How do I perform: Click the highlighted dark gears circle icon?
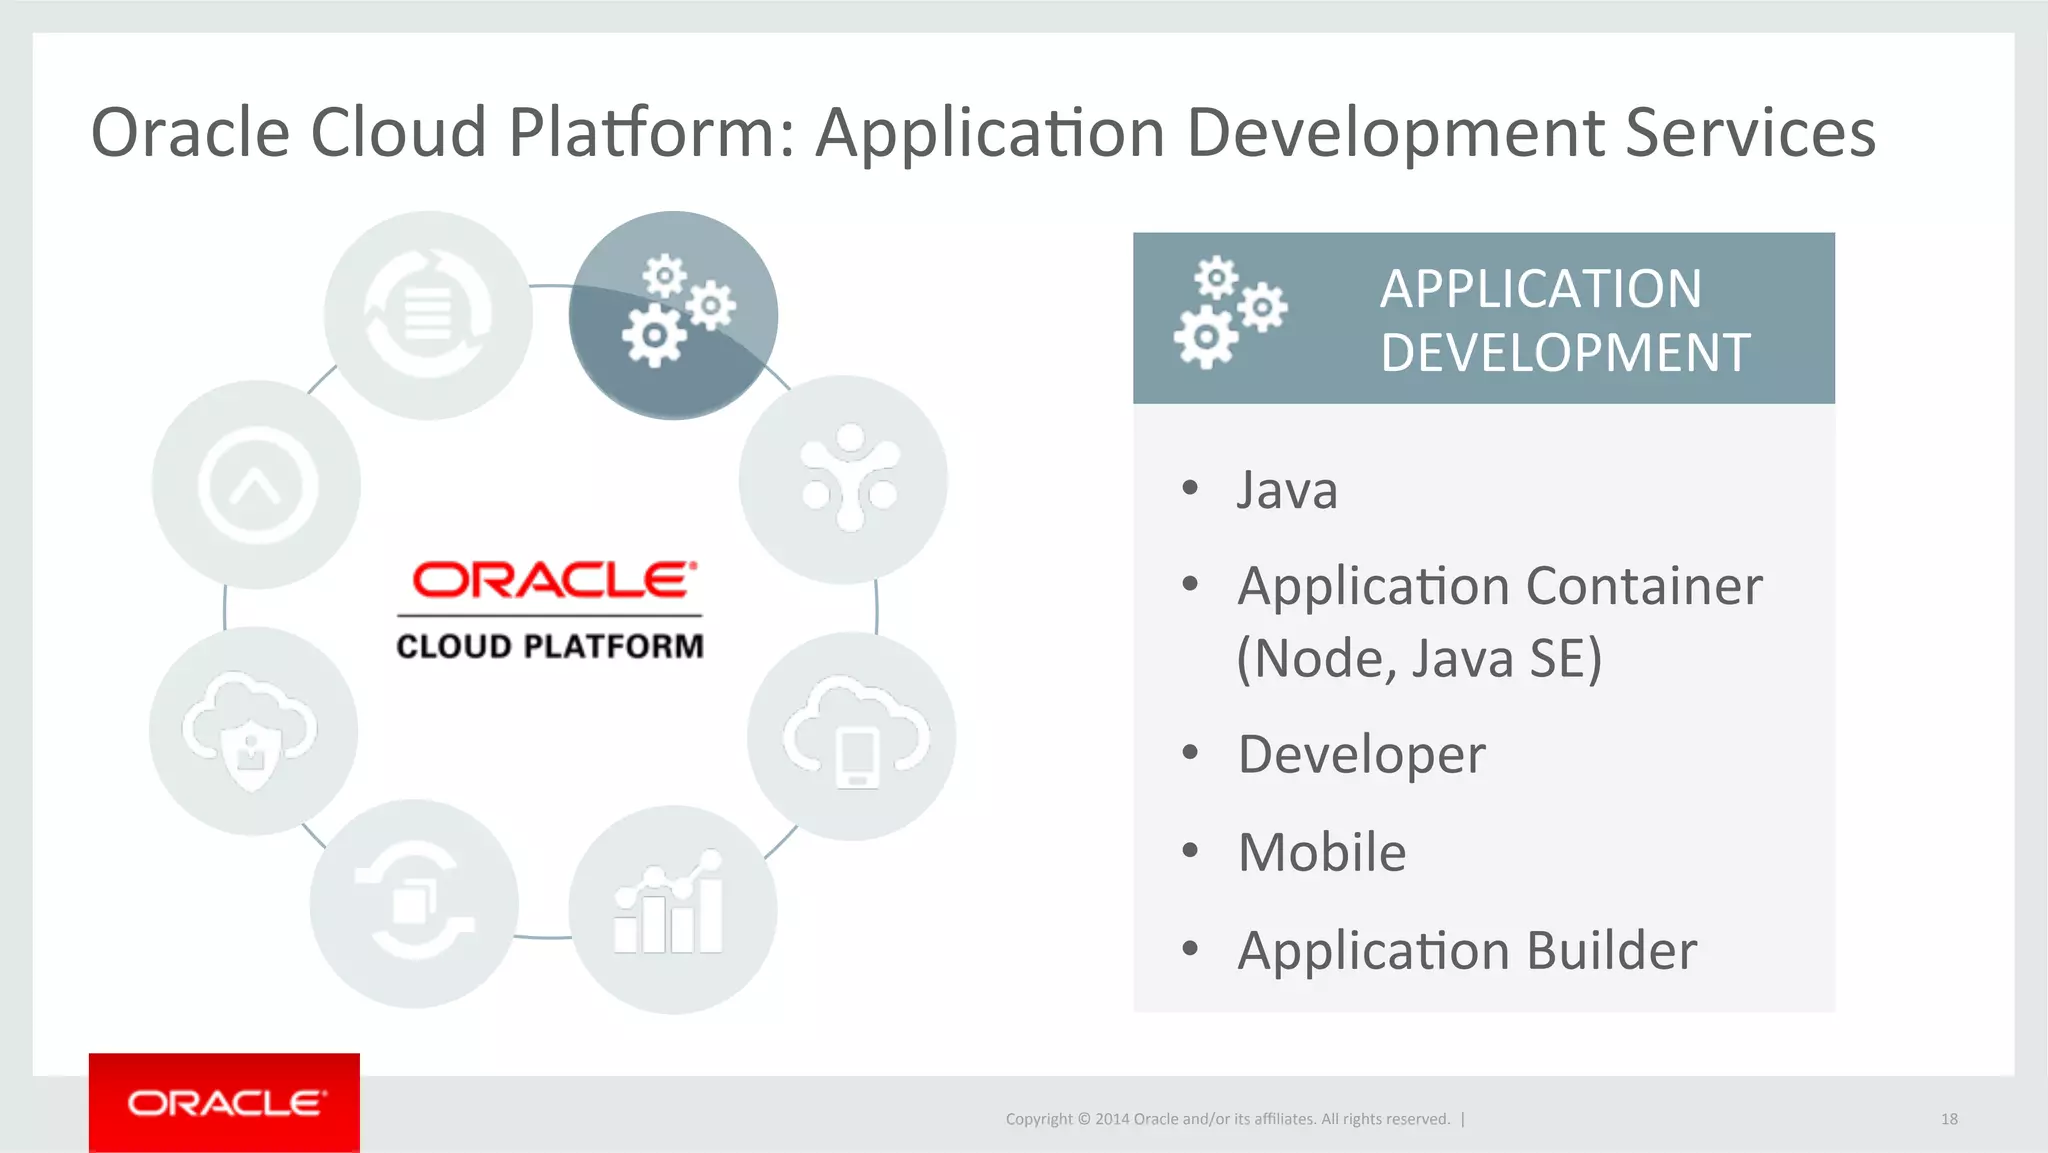pyautogui.click(x=673, y=315)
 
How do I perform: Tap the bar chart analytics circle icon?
pyautogui.click(x=672, y=909)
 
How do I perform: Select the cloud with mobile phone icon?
pyautogui.click(x=852, y=736)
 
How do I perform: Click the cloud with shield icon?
pyautogui.click(x=253, y=731)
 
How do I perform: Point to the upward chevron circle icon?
pyautogui.click(x=257, y=485)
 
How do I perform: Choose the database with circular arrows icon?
pyautogui.click(x=428, y=315)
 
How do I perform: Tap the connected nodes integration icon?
pyautogui.click(x=844, y=480)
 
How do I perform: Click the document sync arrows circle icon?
pyautogui.click(x=414, y=904)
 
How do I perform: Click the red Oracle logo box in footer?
pyautogui.click(x=224, y=1102)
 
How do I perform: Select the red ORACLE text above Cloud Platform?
pyautogui.click(x=553, y=580)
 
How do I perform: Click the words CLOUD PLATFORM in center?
pyautogui.click(x=550, y=646)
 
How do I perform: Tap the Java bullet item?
pyautogui.click(x=1287, y=490)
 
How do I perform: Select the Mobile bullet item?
pyautogui.click(x=1321, y=852)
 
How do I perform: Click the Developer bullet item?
pyautogui.click(x=1361, y=754)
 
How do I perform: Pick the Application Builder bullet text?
pyautogui.click(x=1466, y=950)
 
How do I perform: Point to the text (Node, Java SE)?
pyautogui.click(x=1418, y=658)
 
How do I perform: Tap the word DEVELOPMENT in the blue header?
pyautogui.click(x=1565, y=353)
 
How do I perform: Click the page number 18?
pyautogui.click(x=1949, y=1119)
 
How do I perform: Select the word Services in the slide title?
pyautogui.click(x=1750, y=132)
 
